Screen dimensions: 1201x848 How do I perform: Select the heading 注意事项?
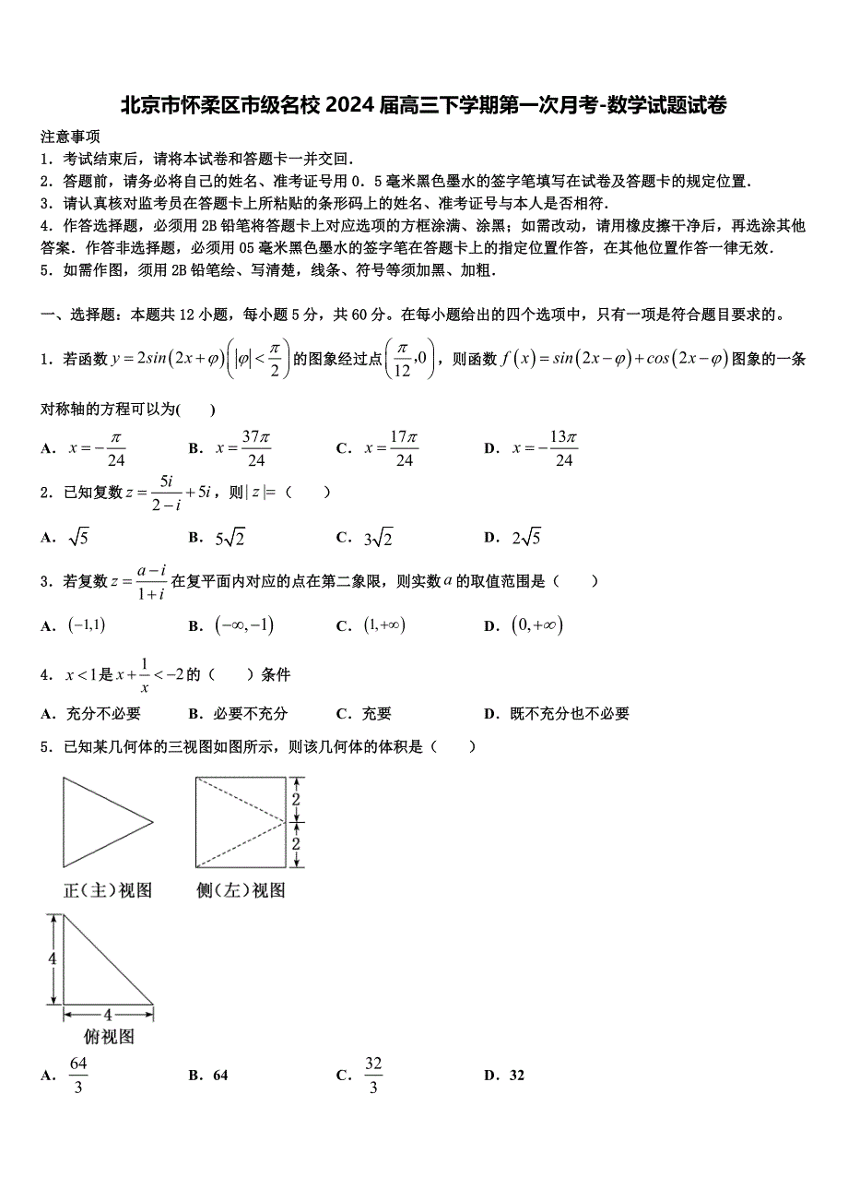click(x=70, y=137)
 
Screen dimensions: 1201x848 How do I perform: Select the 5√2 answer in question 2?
click(x=230, y=538)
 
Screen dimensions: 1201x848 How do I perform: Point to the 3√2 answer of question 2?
click(x=378, y=538)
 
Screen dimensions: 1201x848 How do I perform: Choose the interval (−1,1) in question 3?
click(x=88, y=625)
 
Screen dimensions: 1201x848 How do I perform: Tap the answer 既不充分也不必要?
click(x=570, y=713)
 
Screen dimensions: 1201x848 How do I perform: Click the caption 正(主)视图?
click(x=107, y=890)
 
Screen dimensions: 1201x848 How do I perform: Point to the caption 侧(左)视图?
click(x=241, y=890)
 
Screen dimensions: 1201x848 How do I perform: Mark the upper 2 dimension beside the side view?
click(x=297, y=800)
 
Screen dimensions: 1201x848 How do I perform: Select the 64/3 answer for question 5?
click(x=78, y=1076)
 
